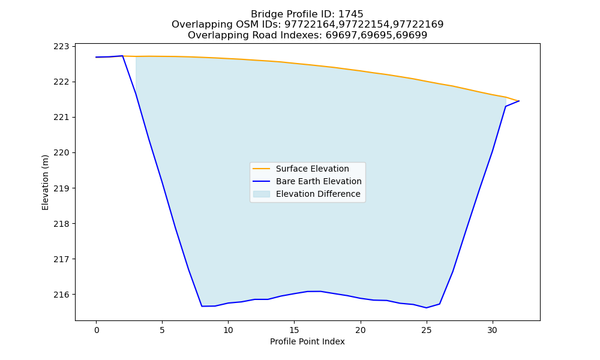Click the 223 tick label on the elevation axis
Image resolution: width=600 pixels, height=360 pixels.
[x=61, y=47]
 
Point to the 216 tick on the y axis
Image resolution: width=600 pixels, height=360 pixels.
[x=61, y=295]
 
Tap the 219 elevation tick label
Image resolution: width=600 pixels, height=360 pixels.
[x=61, y=188]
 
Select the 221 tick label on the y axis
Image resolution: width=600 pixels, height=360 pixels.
[x=61, y=118]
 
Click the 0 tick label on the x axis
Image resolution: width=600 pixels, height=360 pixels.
[x=97, y=330]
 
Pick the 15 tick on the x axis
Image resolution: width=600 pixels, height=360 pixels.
[x=294, y=330]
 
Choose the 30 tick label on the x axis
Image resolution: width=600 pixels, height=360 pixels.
[x=493, y=330]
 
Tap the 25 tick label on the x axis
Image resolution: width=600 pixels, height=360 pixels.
[x=426, y=330]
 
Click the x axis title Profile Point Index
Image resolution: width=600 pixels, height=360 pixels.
[x=307, y=341]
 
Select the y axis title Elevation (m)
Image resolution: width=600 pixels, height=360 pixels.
[x=45, y=182]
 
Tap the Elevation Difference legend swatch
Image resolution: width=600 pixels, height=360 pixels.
[x=262, y=194]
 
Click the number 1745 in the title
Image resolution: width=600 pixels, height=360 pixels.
[x=350, y=14]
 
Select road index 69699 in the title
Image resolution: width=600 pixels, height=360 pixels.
[x=412, y=35]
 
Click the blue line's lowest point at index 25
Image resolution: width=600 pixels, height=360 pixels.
[x=426, y=308]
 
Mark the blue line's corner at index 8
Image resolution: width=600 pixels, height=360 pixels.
[x=202, y=306]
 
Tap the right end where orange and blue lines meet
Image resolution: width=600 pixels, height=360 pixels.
[x=519, y=101]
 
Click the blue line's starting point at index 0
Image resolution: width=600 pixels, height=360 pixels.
[x=96, y=57]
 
